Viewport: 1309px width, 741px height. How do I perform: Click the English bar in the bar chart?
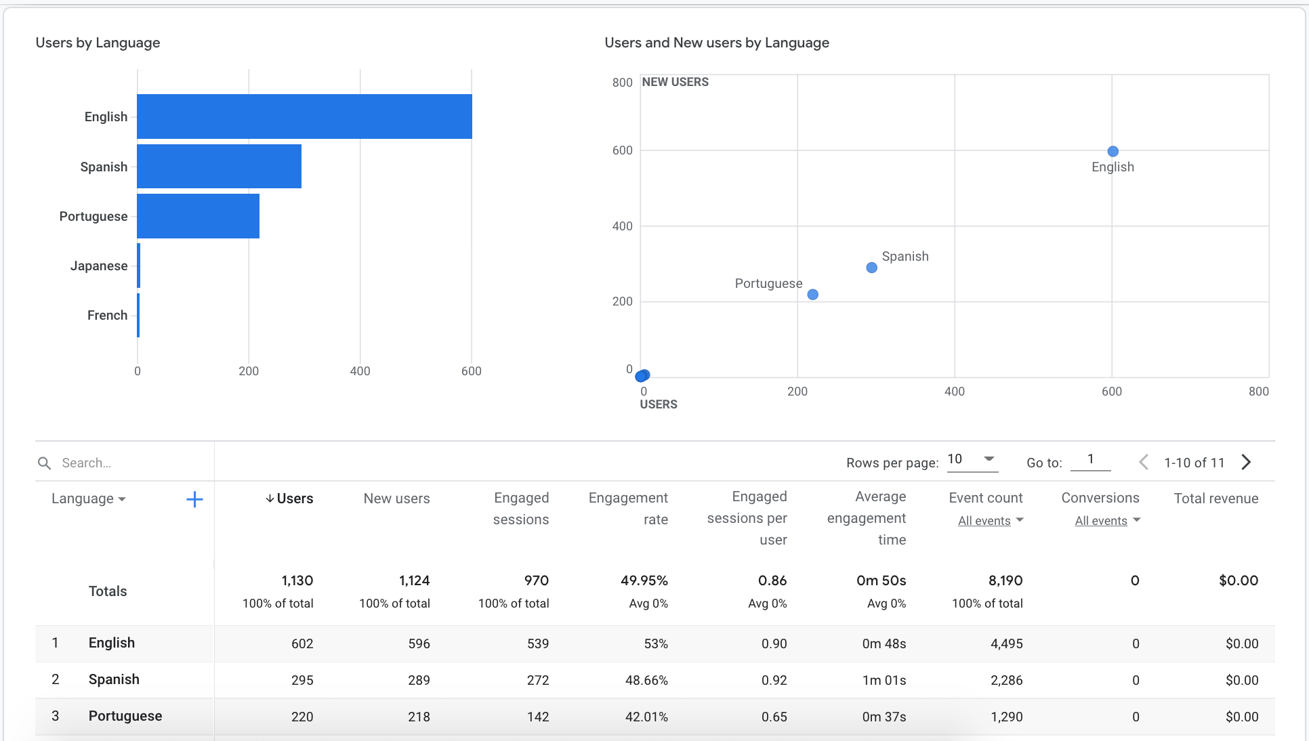pyautogui.click(x=304, y=117)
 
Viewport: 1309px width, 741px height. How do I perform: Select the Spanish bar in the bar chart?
pyautogui.click(x=219, y=166)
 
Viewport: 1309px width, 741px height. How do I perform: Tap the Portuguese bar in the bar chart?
pyautogui.click(x=198, y=216)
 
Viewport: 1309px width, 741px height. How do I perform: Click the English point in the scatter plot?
pyautogui.click(x=1113, y=152)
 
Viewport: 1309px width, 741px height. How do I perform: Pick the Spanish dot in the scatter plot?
pyautogui.click(x=872, y=268)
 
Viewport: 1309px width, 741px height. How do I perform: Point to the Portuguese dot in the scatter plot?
pyautogui.click(x=813, y=295)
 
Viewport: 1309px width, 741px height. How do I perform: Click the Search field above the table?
pyautogui.click(x=122, y=463)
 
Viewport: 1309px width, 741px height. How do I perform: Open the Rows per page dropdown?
pyautogui.click(x=972, y=460)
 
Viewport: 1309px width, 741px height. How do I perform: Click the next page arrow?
pyautogui.click(x=1246, y=462)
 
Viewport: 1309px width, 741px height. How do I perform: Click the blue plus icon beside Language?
pyautogui.click(x=194, y=499)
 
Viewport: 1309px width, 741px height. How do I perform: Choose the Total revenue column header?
pyautogui.click(x=1215, y=499)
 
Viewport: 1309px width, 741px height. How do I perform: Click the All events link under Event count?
pyautogui.click(x=984, y=521)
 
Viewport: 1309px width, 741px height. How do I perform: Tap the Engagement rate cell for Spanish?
pyautogui.click(x=646, y=680)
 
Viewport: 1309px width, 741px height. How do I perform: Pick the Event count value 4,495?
pyautogui.click(x=1006, y=643)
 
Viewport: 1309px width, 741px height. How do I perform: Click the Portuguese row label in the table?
pyautogui.click(x=125, y=716)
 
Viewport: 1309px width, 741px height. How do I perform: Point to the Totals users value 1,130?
pyautogui.click(x=297, y=580)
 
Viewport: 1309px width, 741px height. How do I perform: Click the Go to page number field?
pyautogui.click(x=1090, y=460)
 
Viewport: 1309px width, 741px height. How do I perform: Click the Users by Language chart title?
pyautogui.click(x=98, y=43)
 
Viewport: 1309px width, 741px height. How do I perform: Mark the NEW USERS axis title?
pyautogui.click(x=675, y=82)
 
